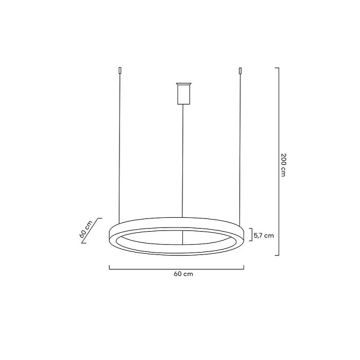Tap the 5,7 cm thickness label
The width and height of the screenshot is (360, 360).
[x=264, y=236]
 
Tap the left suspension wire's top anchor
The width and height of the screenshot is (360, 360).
[x=119, y=71]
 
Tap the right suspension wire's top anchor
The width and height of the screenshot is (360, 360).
[x=241, y=71]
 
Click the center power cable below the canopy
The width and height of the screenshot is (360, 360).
[x=182, y=156]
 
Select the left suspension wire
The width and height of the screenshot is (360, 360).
[x=119, y=144]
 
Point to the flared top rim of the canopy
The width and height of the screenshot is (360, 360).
[x=182, y=82]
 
